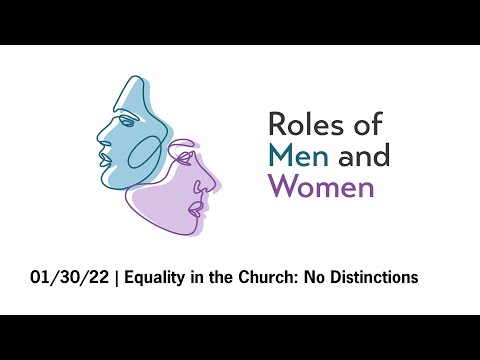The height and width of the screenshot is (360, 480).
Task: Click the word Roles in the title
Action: click(x=301, y=125)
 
